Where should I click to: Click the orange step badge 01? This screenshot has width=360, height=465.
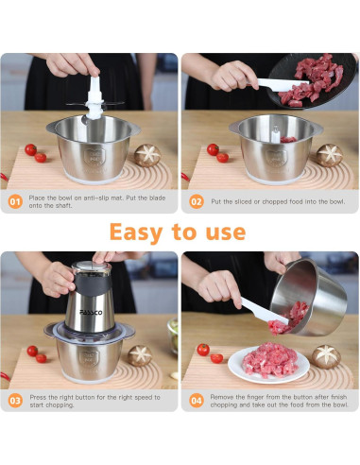pos(15,201)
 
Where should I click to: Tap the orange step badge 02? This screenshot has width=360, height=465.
pos(197,201)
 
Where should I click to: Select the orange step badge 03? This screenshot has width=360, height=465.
pos(15,401)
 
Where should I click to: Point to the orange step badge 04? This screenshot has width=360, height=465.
pos(197,401)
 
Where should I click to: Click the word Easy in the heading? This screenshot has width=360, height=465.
pos(136,232)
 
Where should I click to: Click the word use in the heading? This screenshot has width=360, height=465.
pos(226,233)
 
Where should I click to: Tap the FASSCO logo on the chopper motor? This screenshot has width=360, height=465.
pos(91,313)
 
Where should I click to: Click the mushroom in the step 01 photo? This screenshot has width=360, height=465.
pos(147,155)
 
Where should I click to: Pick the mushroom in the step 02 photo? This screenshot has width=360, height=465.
pos(330,155)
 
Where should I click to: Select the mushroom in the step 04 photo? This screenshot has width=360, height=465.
pos(326,356)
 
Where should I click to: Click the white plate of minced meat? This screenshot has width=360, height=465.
pos(268,364)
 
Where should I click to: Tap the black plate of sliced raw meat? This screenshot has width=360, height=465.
pos(313,80)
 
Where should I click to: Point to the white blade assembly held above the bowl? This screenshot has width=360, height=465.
pos(94,99)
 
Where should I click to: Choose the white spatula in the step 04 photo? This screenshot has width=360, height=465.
pos(264,311)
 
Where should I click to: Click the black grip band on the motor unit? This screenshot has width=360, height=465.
pos(93,284)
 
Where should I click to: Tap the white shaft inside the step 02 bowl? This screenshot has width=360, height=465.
pos(276,134)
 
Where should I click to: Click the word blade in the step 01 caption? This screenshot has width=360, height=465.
pos(157,198)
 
